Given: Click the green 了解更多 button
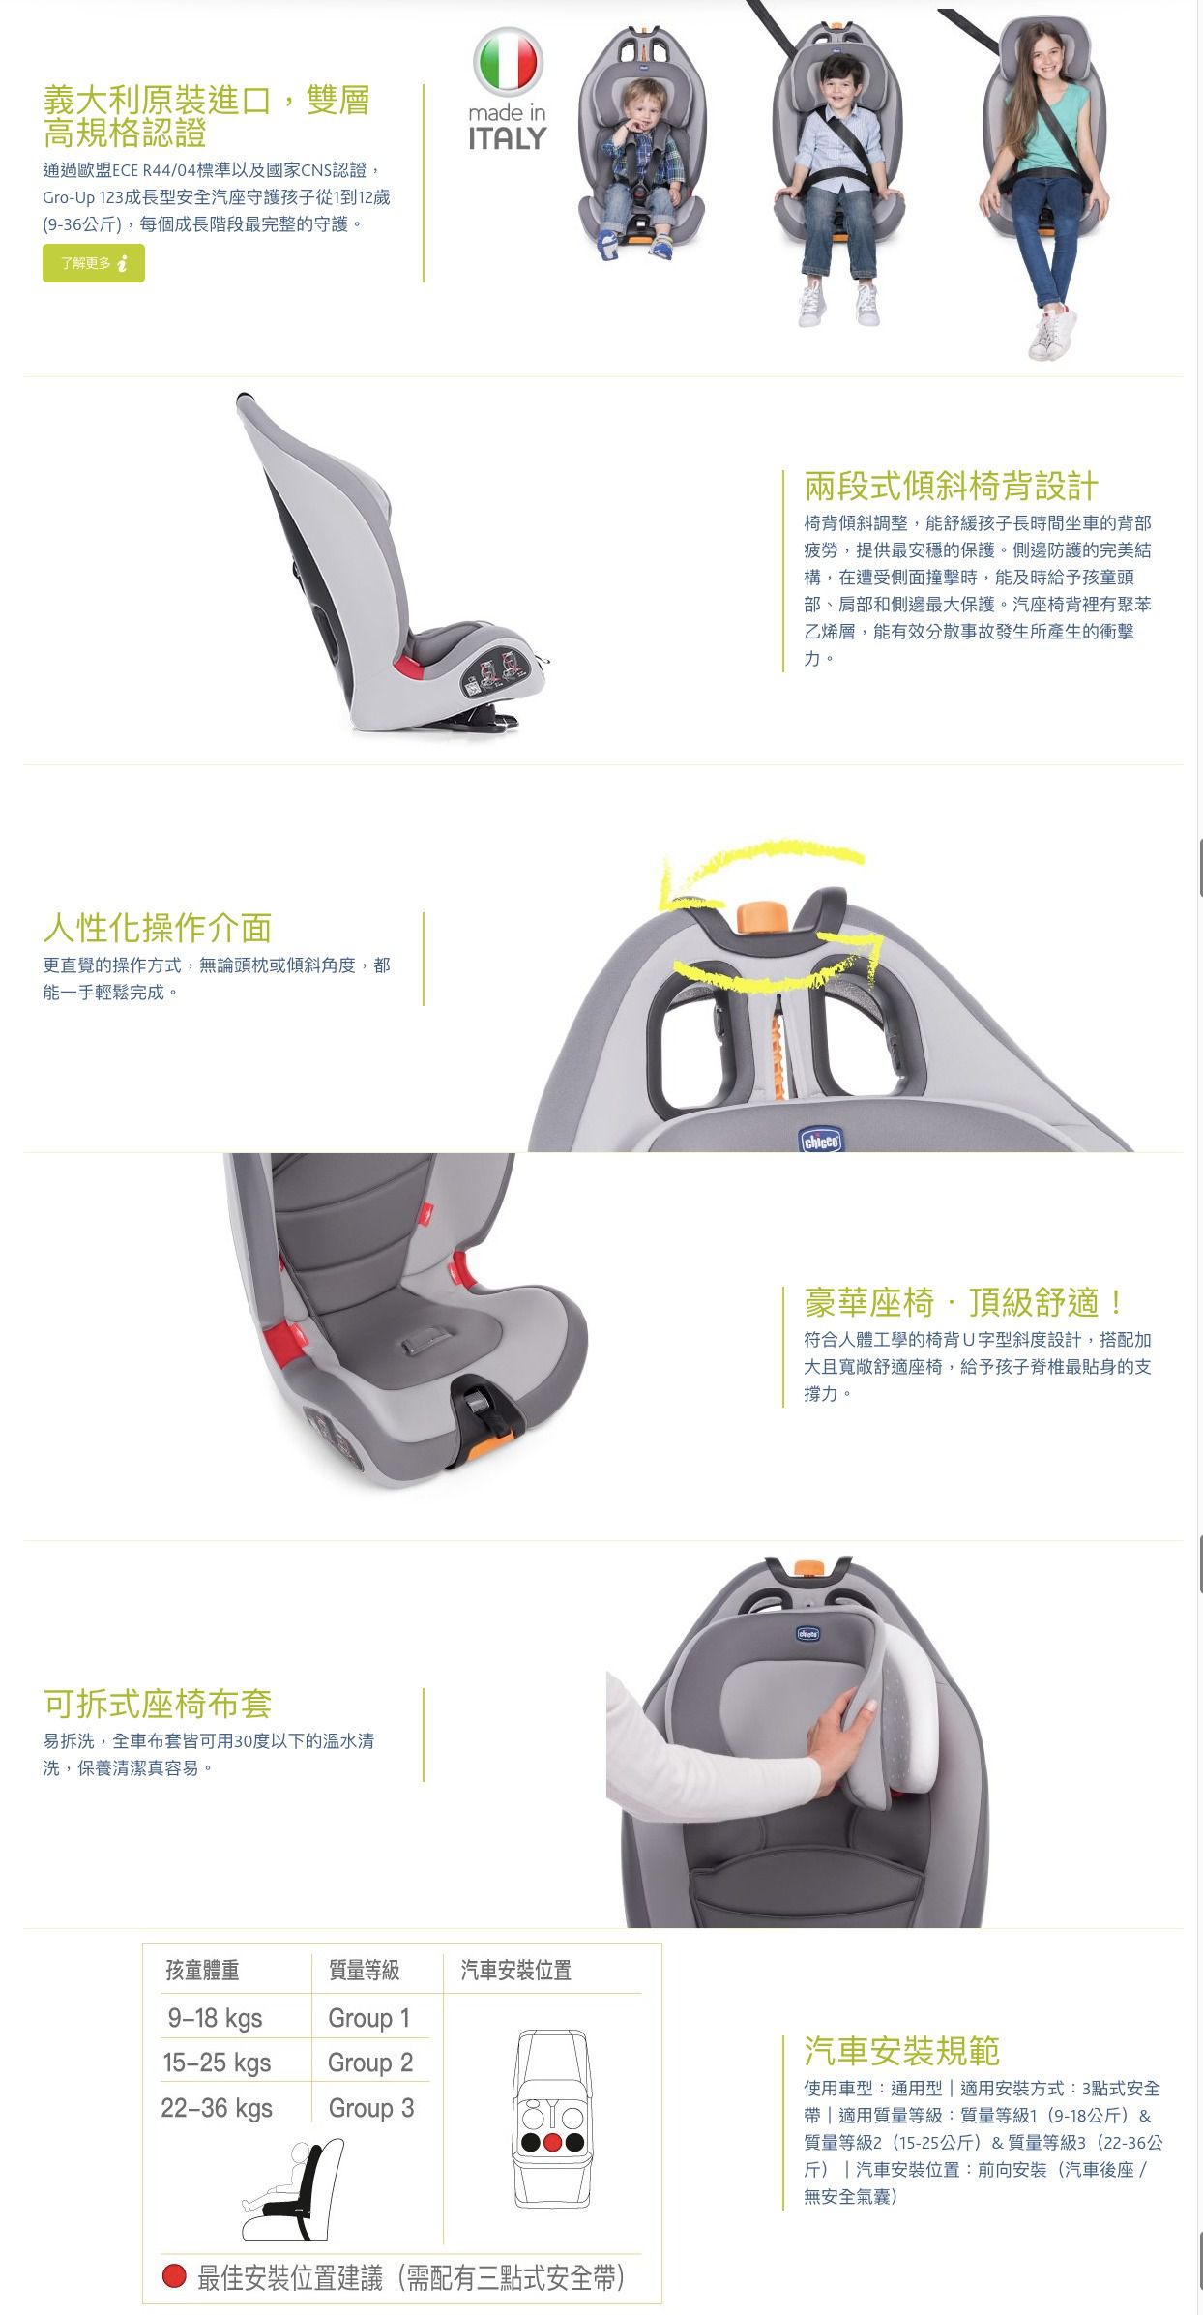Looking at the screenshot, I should pos(93,263).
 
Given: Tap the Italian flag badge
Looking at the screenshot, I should pos(508,62).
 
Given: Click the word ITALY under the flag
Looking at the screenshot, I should pos(508,139).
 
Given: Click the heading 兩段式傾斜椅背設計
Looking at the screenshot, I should pos(951,486).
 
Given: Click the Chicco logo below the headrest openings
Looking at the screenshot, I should pos(821,1141).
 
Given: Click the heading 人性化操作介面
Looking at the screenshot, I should pos(157,928).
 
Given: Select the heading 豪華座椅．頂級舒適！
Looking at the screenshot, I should pos(963,1302).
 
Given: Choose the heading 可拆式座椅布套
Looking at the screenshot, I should pos(157,1704).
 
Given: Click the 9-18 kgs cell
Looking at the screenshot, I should pos(216,2017).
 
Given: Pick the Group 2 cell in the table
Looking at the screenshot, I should pos(370,2063).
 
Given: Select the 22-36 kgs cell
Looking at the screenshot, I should pos(217,2108).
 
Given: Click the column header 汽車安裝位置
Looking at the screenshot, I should pos(516,1971).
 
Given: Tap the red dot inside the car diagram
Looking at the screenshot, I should pos(552,2142).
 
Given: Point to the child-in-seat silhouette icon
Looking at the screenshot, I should pos(293,2190).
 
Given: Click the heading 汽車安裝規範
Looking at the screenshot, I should pos(901,2051).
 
